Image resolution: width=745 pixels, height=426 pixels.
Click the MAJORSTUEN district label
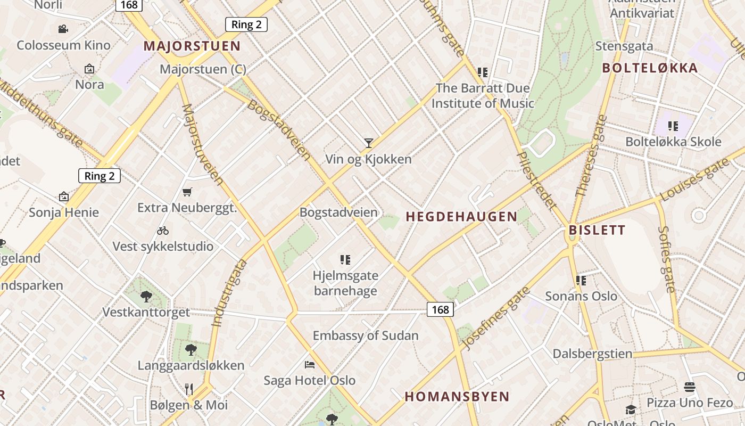tap(192, 46)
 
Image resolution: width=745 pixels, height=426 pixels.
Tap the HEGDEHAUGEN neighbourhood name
tap(461, 217)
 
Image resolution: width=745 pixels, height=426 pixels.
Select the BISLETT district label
tap(597, 231)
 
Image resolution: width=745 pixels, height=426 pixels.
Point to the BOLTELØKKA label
tap(650, 68)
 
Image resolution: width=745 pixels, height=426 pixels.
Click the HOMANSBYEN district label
tap(457, 397)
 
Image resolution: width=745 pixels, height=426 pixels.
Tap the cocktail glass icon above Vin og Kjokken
tap(368, 143)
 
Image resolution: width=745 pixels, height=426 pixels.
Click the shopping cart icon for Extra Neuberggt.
tap(187, 192)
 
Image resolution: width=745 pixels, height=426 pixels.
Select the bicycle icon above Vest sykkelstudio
tap(163, 231)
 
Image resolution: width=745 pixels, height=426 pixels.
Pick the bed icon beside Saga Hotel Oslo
tap(310, 365)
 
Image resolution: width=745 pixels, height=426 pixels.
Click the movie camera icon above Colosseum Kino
tap(63, 29)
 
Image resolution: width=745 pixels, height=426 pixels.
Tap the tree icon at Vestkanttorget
tap(146, 296)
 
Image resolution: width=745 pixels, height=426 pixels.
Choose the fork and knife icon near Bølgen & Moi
tap(189, 389)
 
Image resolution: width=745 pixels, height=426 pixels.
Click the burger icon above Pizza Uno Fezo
tap(690, 387)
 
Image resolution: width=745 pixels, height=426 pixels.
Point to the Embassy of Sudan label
tap(366, 336)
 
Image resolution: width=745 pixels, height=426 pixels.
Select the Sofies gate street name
tap(666, 259)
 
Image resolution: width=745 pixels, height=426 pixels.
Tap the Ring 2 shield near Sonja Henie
tap(100, 176)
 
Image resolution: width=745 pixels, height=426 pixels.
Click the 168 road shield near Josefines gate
tap(440, 309)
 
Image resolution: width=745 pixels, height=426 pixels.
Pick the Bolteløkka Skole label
tap(673, 142)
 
